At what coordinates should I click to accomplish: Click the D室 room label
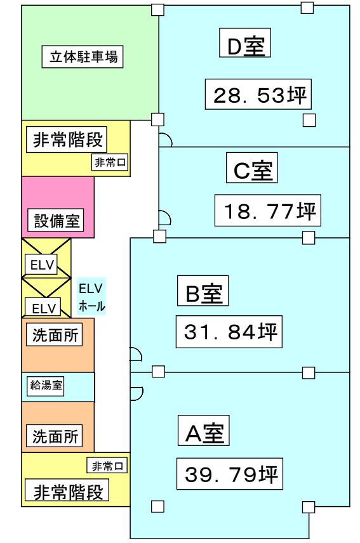click(x=245, y=43)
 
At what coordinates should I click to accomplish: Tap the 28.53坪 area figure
click(x=258, y=94)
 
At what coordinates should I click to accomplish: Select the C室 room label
click(x=252, y=167)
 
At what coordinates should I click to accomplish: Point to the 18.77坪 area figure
click(x=268, y=211)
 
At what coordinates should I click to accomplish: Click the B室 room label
click(x=203, y=291)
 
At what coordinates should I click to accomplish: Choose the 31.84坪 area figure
click(x=229, y=332)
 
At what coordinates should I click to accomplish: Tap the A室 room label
click(x=204, y=431)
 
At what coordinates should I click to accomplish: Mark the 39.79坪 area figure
click(x=230, y=474)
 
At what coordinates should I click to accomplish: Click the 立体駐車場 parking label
click(x=83, y=56)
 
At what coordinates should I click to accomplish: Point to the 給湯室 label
click(x=46, y=385)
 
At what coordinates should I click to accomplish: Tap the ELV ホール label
click(x=91, y=297)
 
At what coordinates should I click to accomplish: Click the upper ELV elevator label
click(x=41, y=265)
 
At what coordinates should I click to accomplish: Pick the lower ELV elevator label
click(x=43, y=308)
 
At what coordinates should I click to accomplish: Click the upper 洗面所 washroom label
click(x=55, y=334)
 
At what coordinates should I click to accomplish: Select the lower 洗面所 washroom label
click(x=55, y=436)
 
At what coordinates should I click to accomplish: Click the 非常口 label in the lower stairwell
click(x=107, y=466)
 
